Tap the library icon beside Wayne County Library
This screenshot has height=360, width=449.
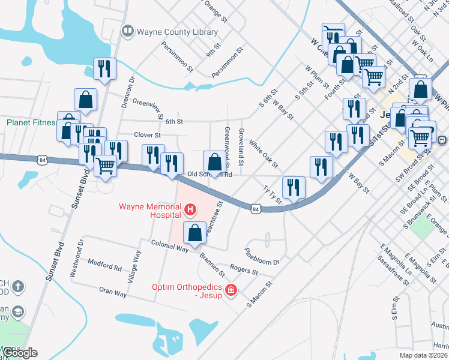127,31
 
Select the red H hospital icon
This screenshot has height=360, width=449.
190,209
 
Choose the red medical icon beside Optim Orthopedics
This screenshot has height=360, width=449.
231,291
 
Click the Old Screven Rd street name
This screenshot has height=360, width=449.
209,175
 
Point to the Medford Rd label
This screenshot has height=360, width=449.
104,263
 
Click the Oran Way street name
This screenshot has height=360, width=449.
113,294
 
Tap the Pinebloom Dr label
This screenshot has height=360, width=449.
262,256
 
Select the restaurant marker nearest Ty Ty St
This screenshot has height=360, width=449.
294,187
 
